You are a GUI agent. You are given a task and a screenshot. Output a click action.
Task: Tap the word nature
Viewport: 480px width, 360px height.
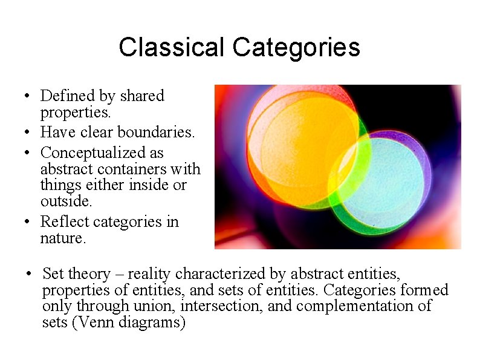click(x=62, y=238)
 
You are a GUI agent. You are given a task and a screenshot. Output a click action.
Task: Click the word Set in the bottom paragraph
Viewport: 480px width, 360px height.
click(x=54, y=274)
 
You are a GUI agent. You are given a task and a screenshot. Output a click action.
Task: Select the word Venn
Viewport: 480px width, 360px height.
click(x=94, y=322)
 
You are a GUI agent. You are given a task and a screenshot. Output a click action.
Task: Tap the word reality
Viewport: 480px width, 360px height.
click(x=149, y=274)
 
